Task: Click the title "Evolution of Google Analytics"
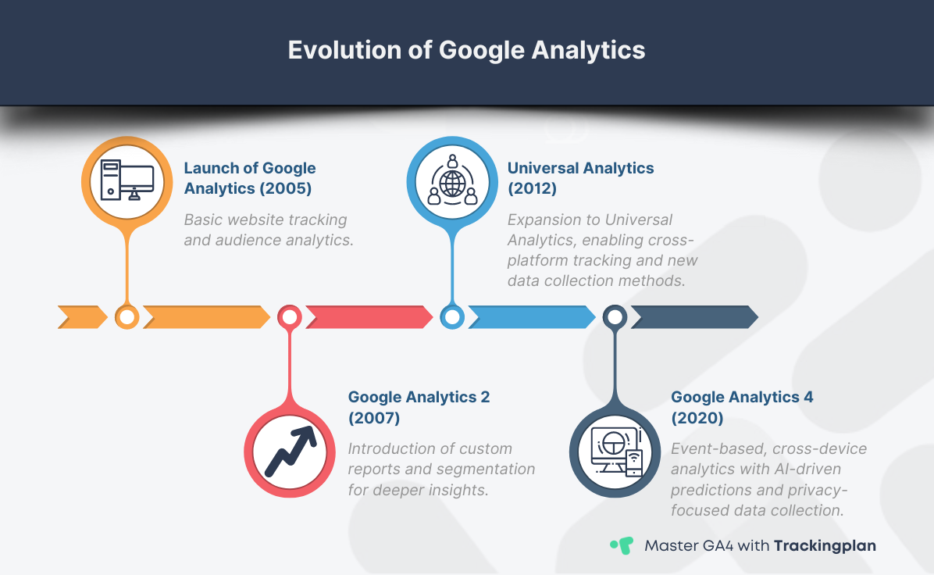point(466,50)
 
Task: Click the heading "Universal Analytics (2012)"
point(580,178)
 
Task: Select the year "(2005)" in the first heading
point(287,188)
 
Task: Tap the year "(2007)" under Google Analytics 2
point(374,418)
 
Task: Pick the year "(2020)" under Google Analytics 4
point(697,418)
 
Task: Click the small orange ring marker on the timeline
point(127,316)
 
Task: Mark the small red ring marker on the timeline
point(290,316)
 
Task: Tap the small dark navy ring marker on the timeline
point(615,316)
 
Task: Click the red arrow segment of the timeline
point(368,316)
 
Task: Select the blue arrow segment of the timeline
point(530,316)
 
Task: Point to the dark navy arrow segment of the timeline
point(693,316)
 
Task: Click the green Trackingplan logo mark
point(622,545)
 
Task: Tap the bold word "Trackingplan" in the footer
point(825,545)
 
